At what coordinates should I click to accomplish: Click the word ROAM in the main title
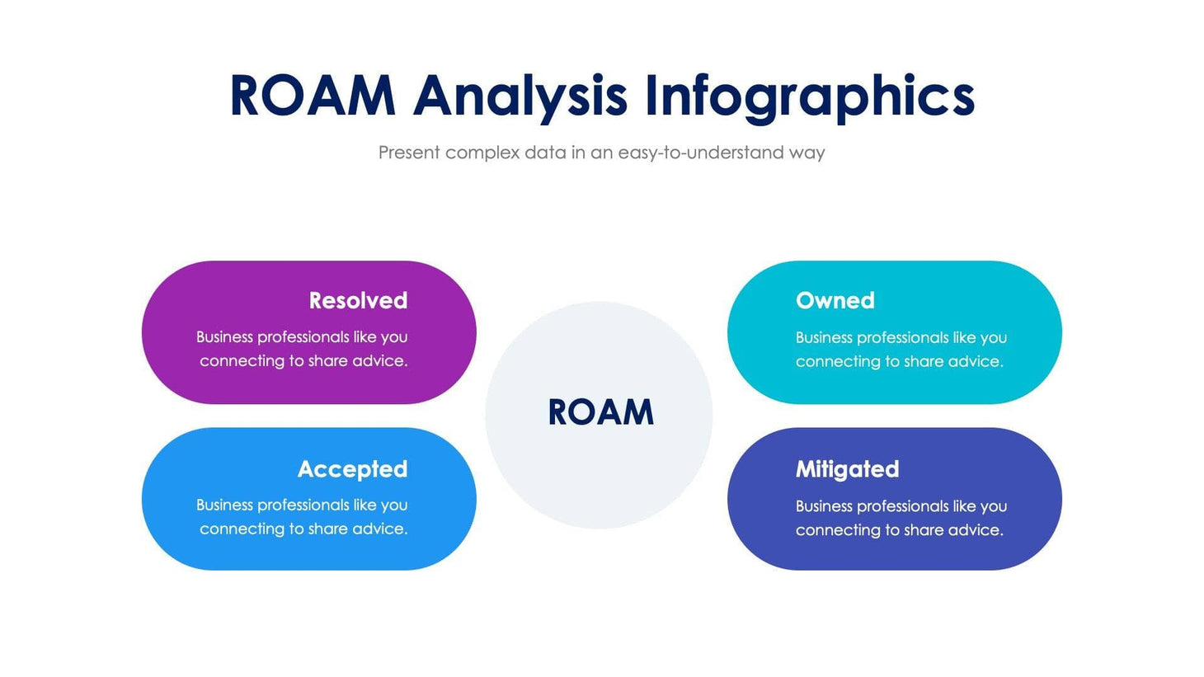[313, 96]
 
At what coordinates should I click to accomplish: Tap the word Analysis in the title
[520, 96]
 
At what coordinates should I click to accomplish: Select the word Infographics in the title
[809, 96]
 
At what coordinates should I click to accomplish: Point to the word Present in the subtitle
[409, 153]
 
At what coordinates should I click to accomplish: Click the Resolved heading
[358, 300]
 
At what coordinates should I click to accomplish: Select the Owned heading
[835, 300]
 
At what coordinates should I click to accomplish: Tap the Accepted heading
[352, 468]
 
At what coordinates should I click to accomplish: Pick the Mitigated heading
[847, 468]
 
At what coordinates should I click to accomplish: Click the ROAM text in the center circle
[600, 412]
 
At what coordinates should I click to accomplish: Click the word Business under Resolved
[224, 337]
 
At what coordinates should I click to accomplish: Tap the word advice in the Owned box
[976, 361]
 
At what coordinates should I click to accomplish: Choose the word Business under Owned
[824, 337]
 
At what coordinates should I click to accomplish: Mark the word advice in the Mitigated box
[976, 530]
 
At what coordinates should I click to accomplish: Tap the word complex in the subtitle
[482, 153]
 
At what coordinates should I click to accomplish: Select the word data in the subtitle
[545, 153]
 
